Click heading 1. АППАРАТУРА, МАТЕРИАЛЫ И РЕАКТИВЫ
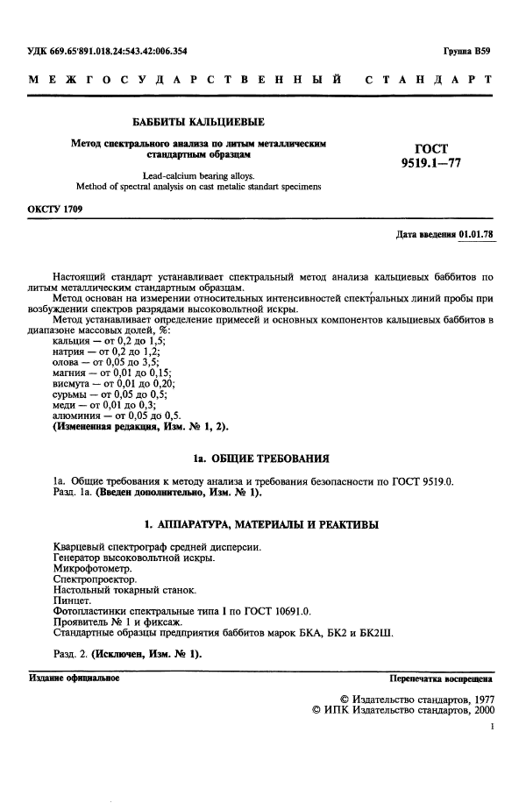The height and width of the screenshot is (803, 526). point(261,524)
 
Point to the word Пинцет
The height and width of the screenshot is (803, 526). point(73,600)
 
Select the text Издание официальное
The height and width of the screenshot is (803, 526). point(75,679)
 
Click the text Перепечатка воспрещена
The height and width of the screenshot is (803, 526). point(442,679)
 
